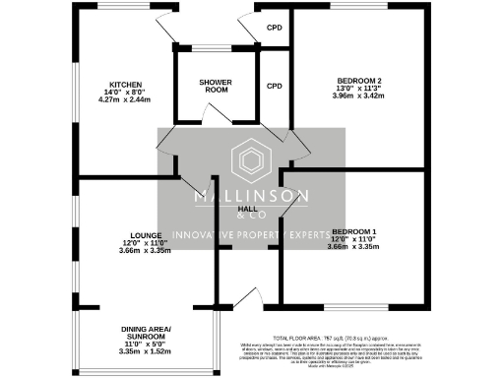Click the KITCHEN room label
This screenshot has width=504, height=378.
pyautogui.click(x=127, y=84)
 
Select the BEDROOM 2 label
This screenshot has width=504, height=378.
pyautogui.click(x=358, y=80)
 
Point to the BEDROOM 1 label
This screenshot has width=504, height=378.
pyautogui.click(x=353, y=230)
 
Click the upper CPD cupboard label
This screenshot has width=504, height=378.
pyautogui.click(x=275, y=28)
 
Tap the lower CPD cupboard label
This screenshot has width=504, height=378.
pyautogui.click(x=275, y=86)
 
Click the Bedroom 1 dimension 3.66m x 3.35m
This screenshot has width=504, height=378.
pyautogui.click(x=353, y=246)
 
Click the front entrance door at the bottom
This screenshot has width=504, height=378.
pyautogui.click(x=244, y=296)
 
